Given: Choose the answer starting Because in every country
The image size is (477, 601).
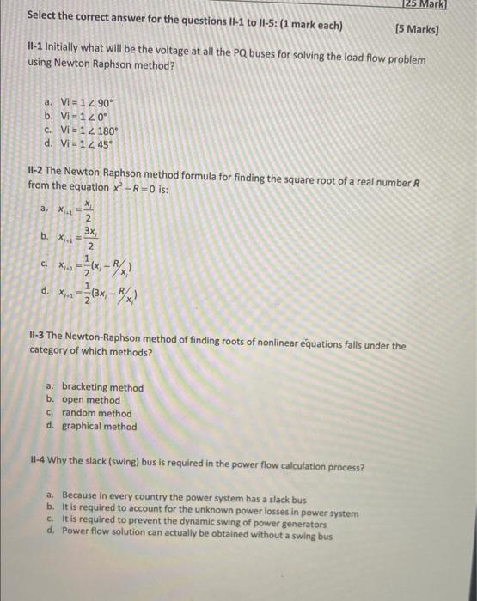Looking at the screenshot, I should (184, 500).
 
